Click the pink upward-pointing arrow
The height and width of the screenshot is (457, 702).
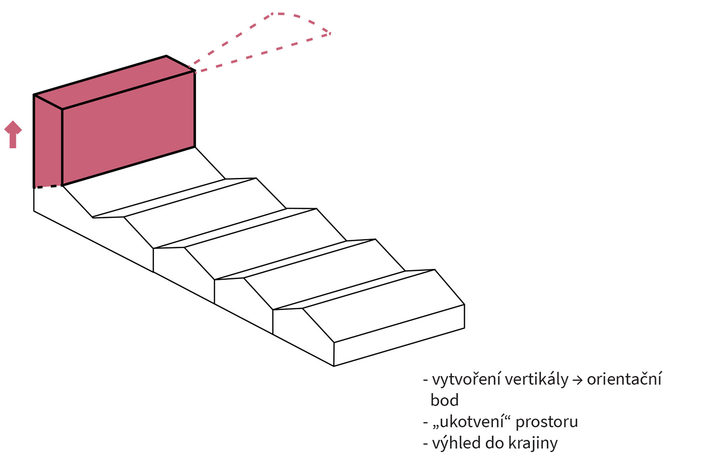tap(13, 135)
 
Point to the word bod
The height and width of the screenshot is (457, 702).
tap(445, 400)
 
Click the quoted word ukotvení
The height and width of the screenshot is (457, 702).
tap(472, 421)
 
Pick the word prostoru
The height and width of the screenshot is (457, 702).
tap(547, 423)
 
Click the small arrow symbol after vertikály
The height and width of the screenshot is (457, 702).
tap(578, 381)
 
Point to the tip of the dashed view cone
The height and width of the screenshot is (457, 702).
tap(330, 34)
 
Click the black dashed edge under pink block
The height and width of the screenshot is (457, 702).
tap(48, 187)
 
